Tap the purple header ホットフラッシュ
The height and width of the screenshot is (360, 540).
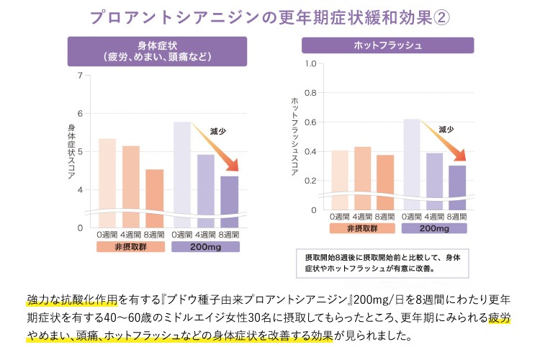pos(387,45)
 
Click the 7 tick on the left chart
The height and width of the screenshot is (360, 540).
pos(80,75)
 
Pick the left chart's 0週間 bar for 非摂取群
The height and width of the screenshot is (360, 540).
pos(107,183)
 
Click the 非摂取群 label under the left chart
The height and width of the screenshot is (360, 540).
pos(130,246)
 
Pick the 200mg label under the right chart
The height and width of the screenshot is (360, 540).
pos(434,228)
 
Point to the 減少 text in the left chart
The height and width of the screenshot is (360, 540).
pos(217,131)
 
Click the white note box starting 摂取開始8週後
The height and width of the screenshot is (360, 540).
pos(382,262)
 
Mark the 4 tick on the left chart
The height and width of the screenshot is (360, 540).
pos(80,190)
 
